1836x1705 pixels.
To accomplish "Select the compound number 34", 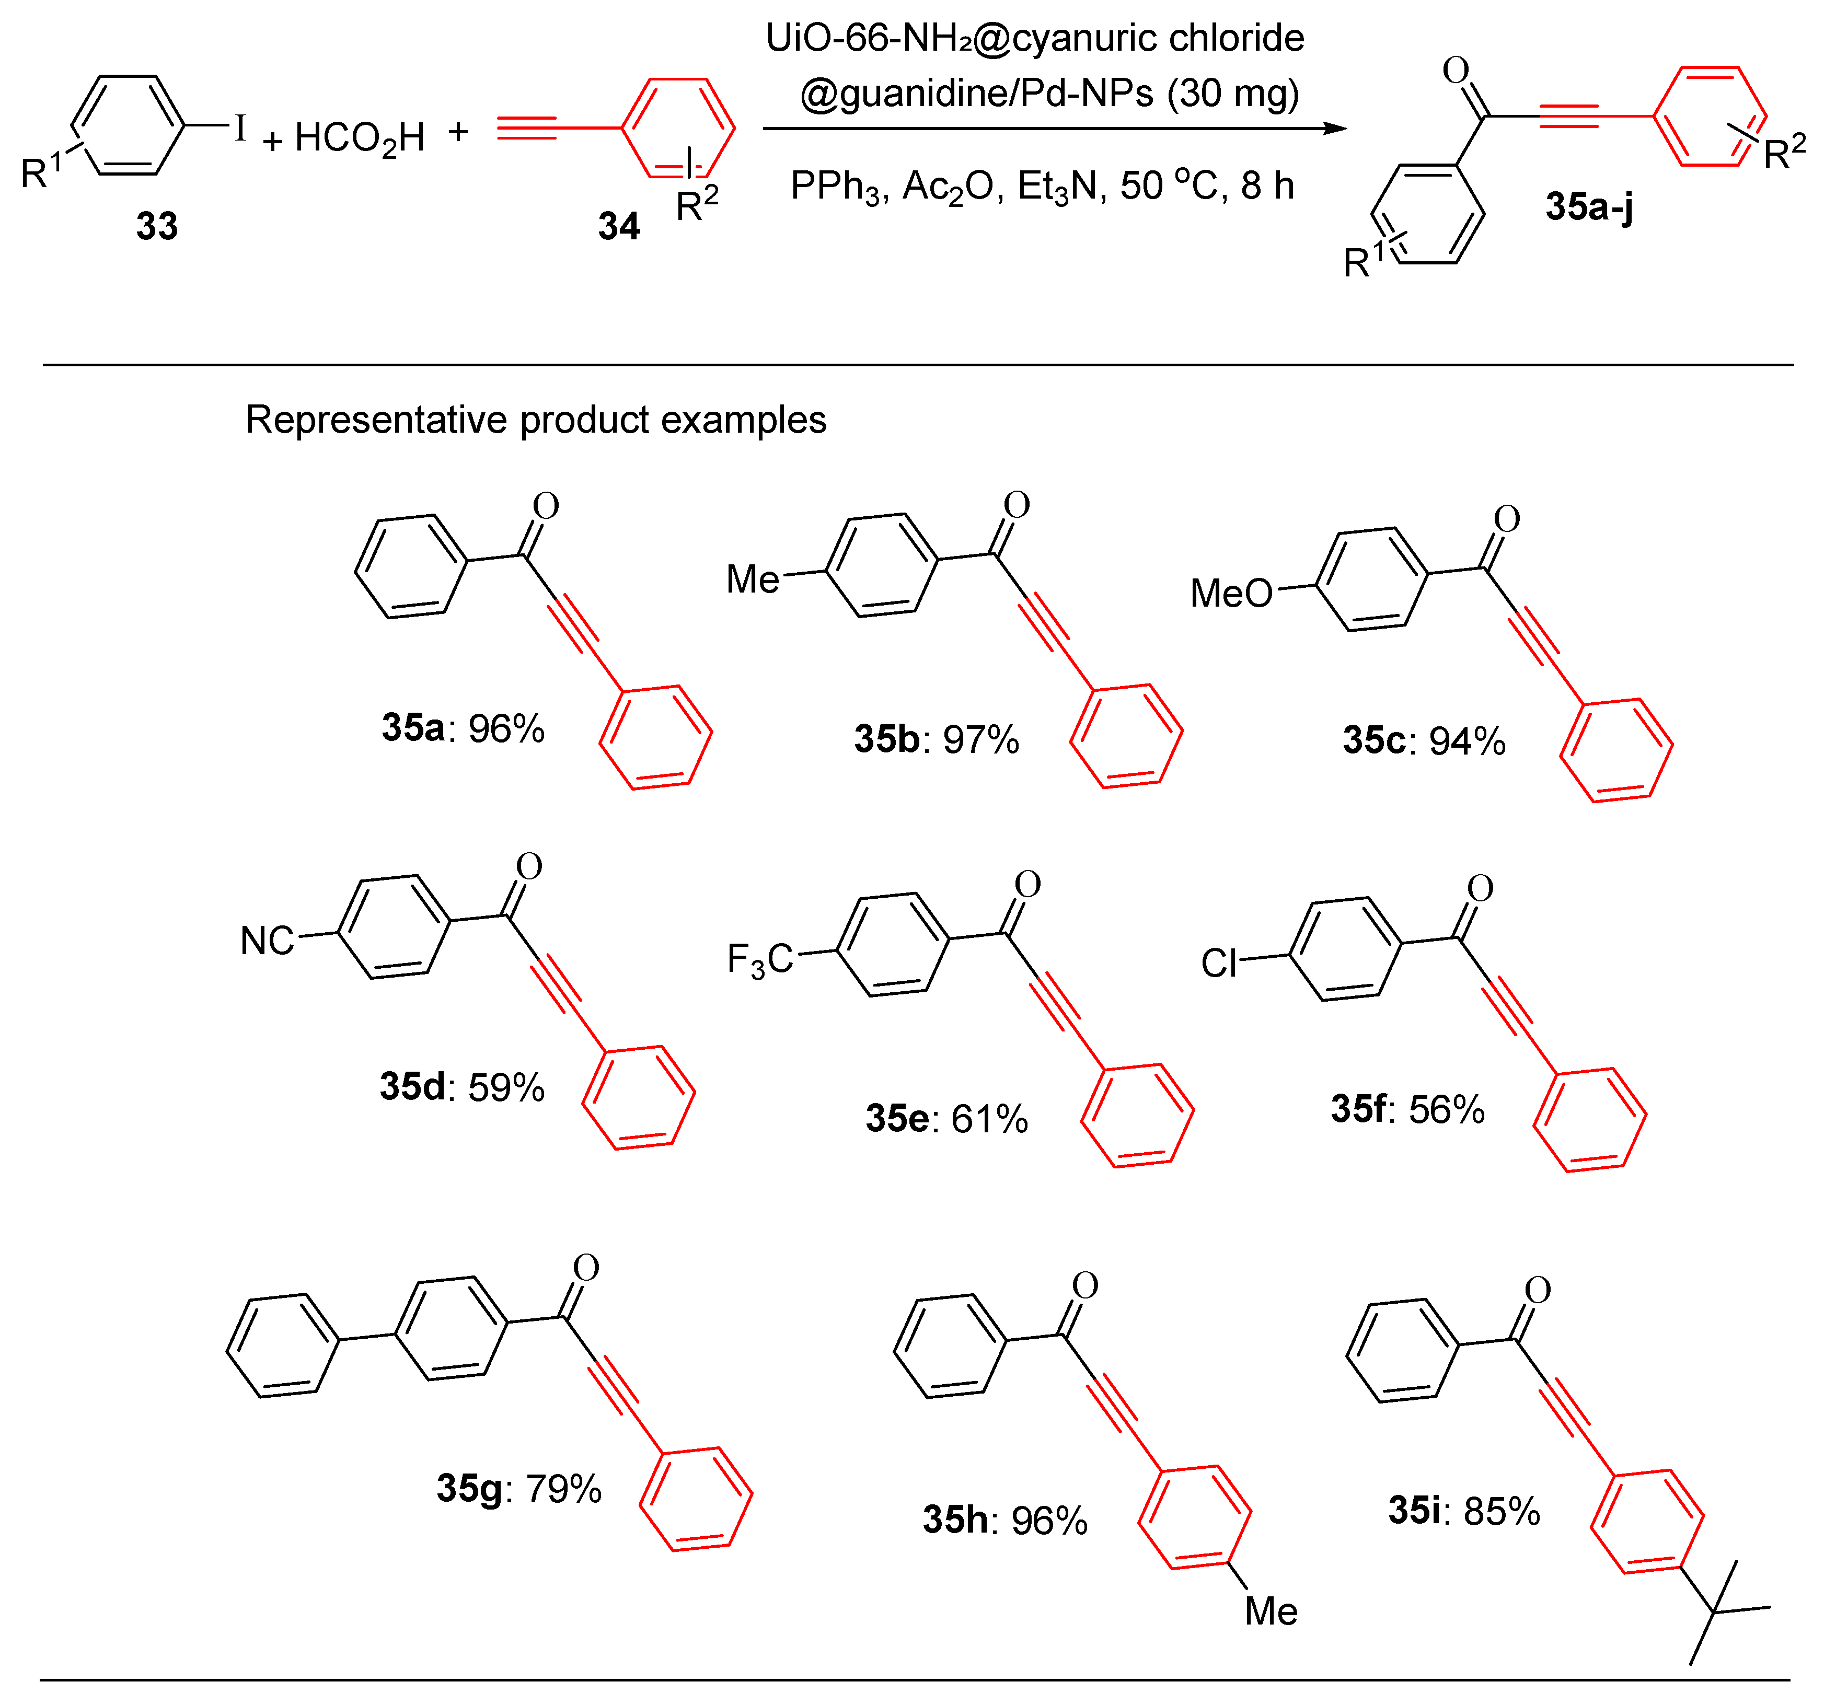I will [x=618, y=226].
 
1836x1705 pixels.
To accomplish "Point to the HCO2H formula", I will [x=360, y=138].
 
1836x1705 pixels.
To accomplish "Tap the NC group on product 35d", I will [x=267, y=941].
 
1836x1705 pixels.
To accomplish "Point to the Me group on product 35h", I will [x=1271, y=1611].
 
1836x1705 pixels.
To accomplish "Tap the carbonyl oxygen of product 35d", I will [x=529, y=865].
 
